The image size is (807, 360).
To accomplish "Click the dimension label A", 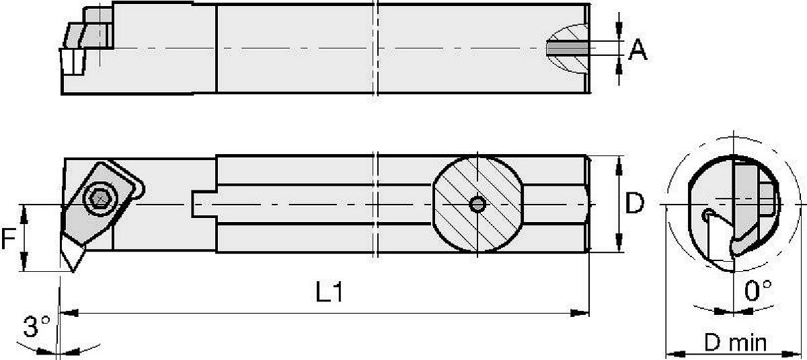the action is click(x=638, y=50).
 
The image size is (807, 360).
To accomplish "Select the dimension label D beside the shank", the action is click(x=634, y=203).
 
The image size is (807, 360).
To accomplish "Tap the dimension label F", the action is click(x=8, y=238).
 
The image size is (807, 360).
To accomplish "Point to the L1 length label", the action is click(x=330, y=291).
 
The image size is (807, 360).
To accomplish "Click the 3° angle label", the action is click(x=37, y=326).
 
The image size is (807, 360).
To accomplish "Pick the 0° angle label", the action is click(x=758, y=290).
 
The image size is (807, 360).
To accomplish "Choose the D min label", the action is click(x=735, y=343).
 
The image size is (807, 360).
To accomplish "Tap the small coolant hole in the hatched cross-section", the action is click(x=477, y=205).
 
